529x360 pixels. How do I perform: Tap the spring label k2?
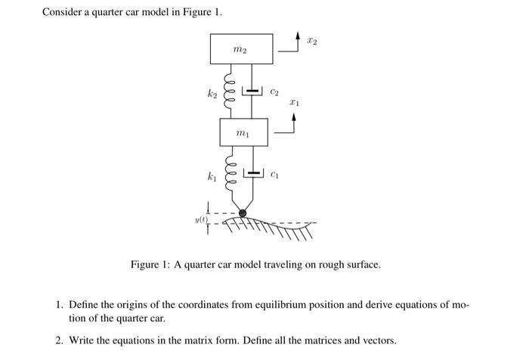tap(213, 92)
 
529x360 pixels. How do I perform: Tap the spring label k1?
tap(213, 178)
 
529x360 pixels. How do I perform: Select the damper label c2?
tap(274, 92)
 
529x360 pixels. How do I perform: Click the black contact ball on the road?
tap(243, 213)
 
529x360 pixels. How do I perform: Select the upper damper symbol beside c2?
tap(253, 92)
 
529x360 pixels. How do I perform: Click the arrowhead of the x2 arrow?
tap(296, 36)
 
